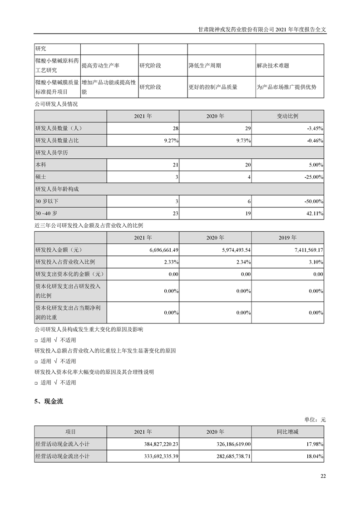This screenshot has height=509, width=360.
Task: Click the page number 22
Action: (323, 476)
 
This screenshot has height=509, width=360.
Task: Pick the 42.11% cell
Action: (313, 213)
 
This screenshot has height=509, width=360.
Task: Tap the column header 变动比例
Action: (288, 116)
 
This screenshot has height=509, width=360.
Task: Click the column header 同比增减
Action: (288, 432)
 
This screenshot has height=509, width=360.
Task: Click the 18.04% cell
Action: (313, 456)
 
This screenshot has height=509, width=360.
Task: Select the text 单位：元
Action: (314, 420)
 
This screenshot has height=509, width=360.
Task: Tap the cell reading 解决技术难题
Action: (273, 65)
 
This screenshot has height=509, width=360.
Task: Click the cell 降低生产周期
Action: (205, 65)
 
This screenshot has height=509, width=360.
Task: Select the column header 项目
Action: (70, 432)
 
